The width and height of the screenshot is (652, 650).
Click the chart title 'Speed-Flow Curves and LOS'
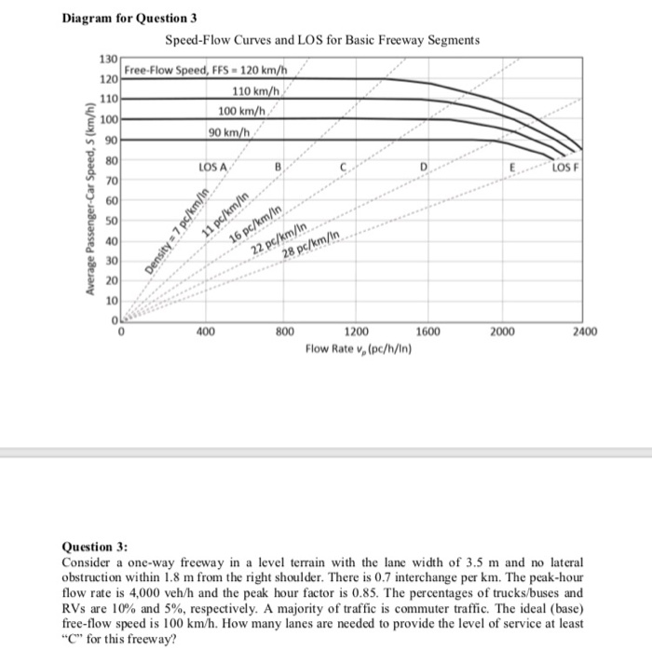pos(322,40)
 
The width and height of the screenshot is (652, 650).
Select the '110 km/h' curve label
pos(259,91)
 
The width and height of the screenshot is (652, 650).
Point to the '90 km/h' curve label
pos(226,132)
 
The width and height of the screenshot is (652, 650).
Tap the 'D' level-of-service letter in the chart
pos(423,169)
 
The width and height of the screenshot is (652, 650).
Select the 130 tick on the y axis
pos(107,61)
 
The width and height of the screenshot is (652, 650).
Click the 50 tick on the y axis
pos(110,222)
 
